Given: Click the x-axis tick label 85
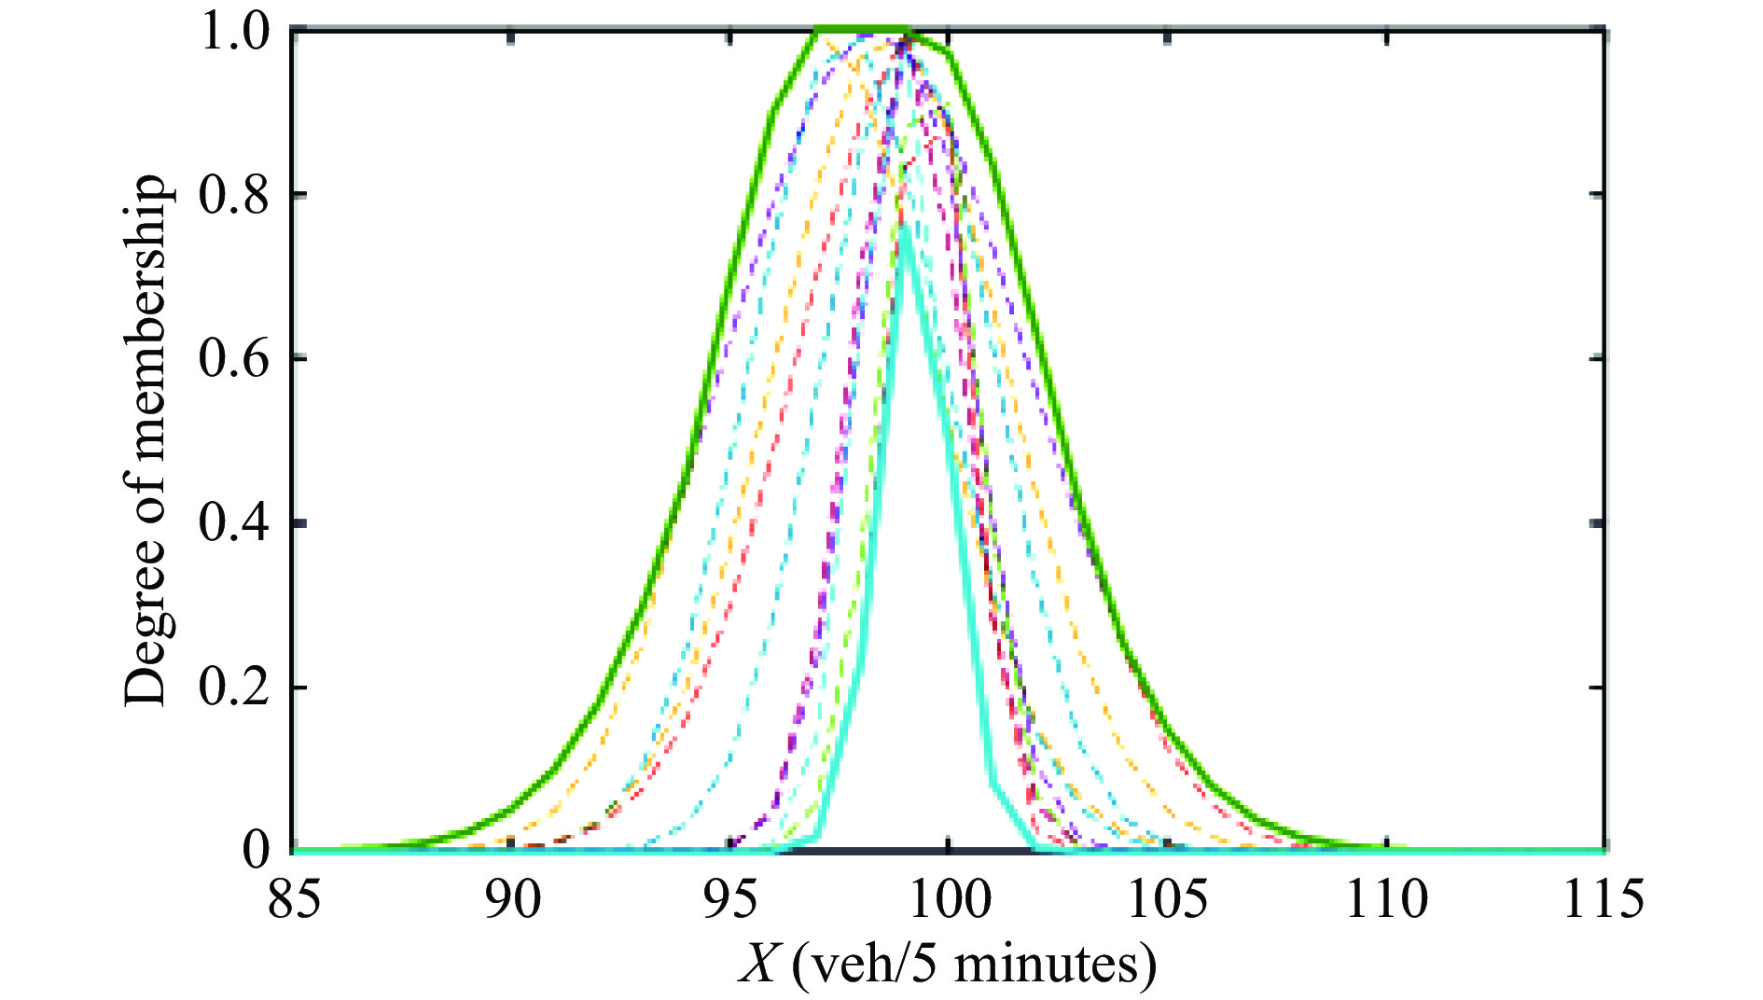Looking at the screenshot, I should tap(294, 900).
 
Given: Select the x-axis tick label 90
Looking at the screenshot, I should tap(512, 900).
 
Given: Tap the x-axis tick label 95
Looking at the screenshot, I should tap(730, 900).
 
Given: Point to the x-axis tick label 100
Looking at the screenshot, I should tap(948, 900).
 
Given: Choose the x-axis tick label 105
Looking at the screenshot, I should tap(1166, 900).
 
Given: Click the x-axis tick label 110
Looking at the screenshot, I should tap(1386, 900).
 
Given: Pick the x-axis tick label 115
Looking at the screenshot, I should tap(1603, 900).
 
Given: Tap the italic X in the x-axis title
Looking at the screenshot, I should tap(757, 965).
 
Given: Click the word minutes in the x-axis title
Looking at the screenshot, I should tap(1054, 965).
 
